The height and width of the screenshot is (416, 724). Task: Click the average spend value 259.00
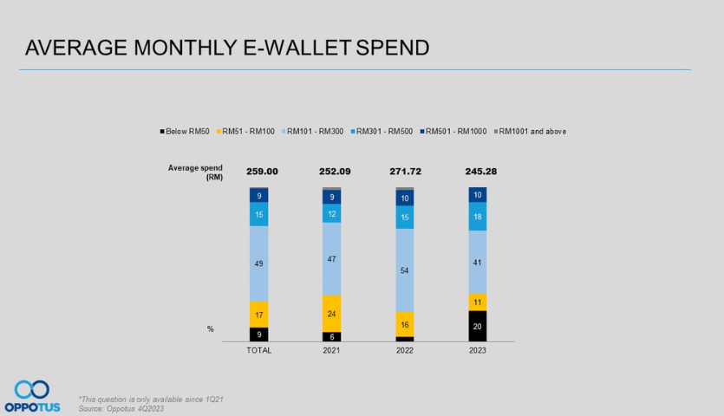[258, 172]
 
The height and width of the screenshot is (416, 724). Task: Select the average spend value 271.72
[405, 172]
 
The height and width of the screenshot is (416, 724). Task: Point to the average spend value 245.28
[478, 172]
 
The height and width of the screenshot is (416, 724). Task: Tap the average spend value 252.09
[332, 172]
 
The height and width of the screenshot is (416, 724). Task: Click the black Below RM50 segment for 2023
[478, 326]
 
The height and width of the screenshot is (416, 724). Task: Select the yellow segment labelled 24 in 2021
[332, 313]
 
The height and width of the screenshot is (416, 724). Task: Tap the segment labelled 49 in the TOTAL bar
[258, 263]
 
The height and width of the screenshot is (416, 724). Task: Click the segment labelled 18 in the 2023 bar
[478, 217]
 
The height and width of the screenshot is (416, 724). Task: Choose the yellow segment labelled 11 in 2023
[478, 302]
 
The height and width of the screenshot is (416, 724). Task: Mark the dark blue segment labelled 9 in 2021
[332, 197]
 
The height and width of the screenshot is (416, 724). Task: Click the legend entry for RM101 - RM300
[316, 131]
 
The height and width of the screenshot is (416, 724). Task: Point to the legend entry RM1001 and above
[530, 131]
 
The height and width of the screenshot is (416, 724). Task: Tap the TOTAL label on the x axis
[258, 350]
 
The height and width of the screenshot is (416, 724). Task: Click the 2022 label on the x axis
[405, 350]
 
